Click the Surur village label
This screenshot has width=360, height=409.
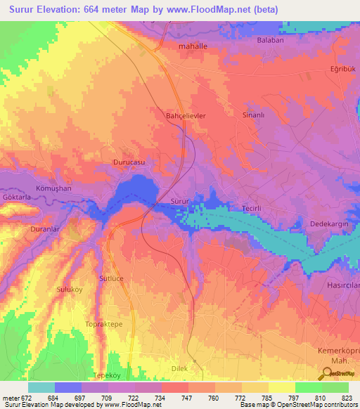pos(180,202)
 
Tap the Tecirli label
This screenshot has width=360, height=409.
pos(252,209)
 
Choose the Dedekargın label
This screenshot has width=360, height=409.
pos(329,224)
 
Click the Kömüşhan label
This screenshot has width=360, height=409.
pos(50,190)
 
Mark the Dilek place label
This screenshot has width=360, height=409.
pos(181,367)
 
